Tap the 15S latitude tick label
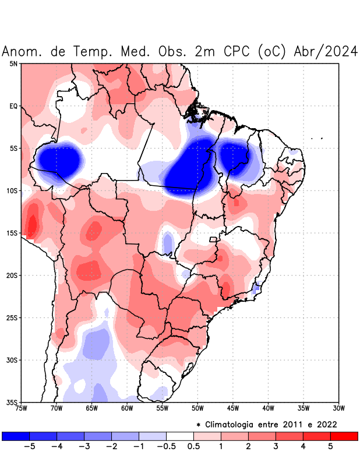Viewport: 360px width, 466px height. point(12,233)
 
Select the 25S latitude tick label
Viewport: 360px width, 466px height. point(12,317)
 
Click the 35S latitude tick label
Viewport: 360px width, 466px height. point(12,402)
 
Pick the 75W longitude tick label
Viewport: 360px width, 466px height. point(21,408)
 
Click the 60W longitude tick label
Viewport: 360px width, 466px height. point(127,408)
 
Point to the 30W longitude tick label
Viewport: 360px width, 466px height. point(339,408)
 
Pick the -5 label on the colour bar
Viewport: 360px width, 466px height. point(29,447)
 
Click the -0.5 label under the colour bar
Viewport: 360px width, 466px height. point(166,447)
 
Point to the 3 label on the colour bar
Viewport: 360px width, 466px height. point(276,447)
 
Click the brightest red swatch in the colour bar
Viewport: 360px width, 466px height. point(344,436)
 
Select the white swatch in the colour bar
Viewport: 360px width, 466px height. point(179,436)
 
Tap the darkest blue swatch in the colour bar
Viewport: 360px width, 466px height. point(16,436)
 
